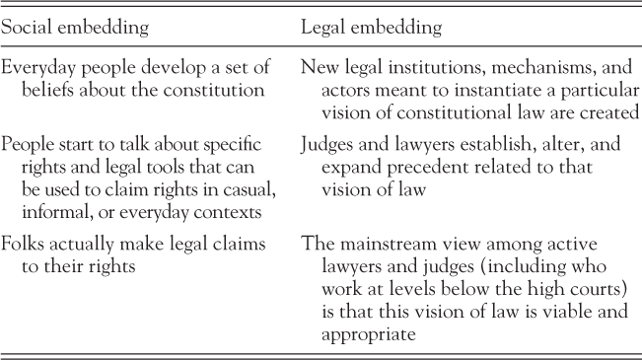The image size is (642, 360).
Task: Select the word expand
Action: point(341,167)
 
